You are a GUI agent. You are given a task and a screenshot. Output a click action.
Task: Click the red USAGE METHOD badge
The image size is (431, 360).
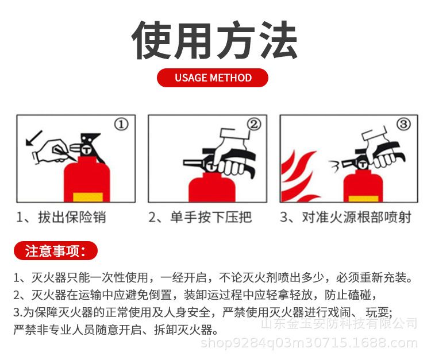click(213, 78)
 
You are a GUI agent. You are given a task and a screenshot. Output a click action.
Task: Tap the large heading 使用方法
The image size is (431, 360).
click(214, 40)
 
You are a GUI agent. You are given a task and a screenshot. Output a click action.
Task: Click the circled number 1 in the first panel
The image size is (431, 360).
click(121, 125)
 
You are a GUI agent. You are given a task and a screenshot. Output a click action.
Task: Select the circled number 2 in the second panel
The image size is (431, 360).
click(253, 124)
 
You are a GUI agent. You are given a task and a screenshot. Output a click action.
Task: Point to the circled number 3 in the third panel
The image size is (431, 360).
click(403, 124)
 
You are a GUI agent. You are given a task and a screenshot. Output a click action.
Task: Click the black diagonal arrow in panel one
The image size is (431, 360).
click(34, 138)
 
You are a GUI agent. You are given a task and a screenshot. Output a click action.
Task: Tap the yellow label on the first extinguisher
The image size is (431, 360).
click(88, 198)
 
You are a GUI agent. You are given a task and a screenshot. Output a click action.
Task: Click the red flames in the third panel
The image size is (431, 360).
click(298, 176)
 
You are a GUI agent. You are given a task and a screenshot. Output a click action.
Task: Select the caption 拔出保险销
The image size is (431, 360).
click(72, 217)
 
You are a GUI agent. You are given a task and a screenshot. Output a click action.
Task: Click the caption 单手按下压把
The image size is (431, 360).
click(211, 217)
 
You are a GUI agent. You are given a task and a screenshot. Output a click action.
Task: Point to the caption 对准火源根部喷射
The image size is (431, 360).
click(356, 217)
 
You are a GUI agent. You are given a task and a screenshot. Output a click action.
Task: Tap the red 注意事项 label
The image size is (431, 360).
click(56, 251)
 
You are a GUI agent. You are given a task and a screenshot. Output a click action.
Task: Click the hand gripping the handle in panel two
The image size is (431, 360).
click(232, 154)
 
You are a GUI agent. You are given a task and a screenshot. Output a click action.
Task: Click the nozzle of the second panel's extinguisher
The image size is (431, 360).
click(194, 163)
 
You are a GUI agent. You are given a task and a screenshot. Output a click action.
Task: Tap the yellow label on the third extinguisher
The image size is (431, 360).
click(363, 199)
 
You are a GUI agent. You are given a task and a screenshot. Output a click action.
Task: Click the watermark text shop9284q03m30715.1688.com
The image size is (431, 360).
click(309, 343)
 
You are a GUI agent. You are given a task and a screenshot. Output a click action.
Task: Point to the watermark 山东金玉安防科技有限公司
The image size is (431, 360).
click(339, 323)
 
